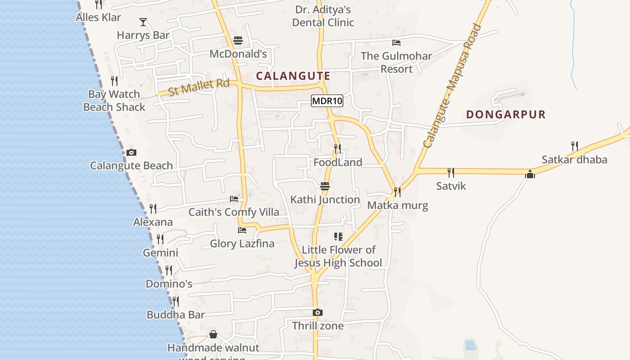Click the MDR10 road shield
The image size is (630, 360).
[x=327, y=101]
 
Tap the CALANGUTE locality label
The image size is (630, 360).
[x=293, y=76]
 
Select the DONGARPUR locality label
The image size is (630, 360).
[x=506, y=114]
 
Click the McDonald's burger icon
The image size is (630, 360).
[x=238, y=41]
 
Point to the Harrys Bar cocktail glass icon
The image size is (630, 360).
[x=143, y=22]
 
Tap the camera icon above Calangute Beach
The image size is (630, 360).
[x=131, y=153]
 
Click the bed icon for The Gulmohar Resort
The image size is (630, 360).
[x=396, y=43]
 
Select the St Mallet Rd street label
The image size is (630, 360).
[x=198, y=87]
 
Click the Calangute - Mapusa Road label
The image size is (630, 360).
[x=452, y=86]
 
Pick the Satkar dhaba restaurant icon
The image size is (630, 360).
[x=574, y=146]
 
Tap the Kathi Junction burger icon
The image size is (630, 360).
[x=325, y=186]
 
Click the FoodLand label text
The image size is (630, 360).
[x=337, y=162]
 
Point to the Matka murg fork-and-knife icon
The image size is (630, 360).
[x=397, y=192]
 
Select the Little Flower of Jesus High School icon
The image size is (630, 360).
[x=338, y=237]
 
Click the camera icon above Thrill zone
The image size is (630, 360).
[x=318, y=312]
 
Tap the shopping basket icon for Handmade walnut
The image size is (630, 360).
[x=213, y=334]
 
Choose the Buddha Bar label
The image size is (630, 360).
[x=175, y=315]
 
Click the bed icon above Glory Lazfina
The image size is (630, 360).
[x=242, y=230]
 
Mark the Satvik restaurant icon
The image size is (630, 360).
[x=450, y=172]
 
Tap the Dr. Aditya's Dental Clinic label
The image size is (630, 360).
[x=323, y=16]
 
